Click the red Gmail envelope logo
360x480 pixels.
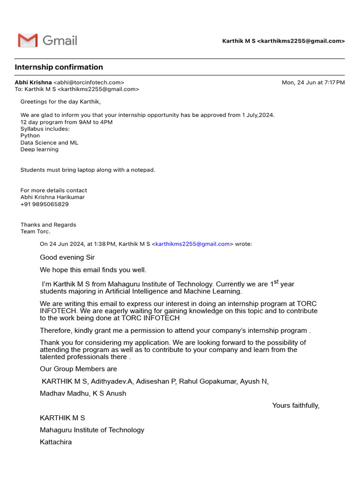tap(28, 40)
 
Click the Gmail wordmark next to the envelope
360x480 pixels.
tap(60, 40)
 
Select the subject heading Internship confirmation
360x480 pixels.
tap(59, 67)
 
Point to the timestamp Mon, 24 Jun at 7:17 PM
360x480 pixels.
tap(313, 82)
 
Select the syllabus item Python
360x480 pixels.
tap(30, 136)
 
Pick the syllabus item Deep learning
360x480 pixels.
tap(39, 150)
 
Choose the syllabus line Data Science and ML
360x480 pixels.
tap(49, 142)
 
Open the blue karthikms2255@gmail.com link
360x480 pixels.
tap(192, 244)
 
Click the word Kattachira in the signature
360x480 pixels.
tap(56, 442)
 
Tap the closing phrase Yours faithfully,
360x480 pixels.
tap(296, 405)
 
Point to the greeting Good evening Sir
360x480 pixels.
tap(67, 257)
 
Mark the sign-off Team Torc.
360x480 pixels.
tap(35, 232)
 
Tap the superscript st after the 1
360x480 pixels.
tap(276, 282)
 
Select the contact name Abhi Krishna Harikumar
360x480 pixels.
tap(52, 197)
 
